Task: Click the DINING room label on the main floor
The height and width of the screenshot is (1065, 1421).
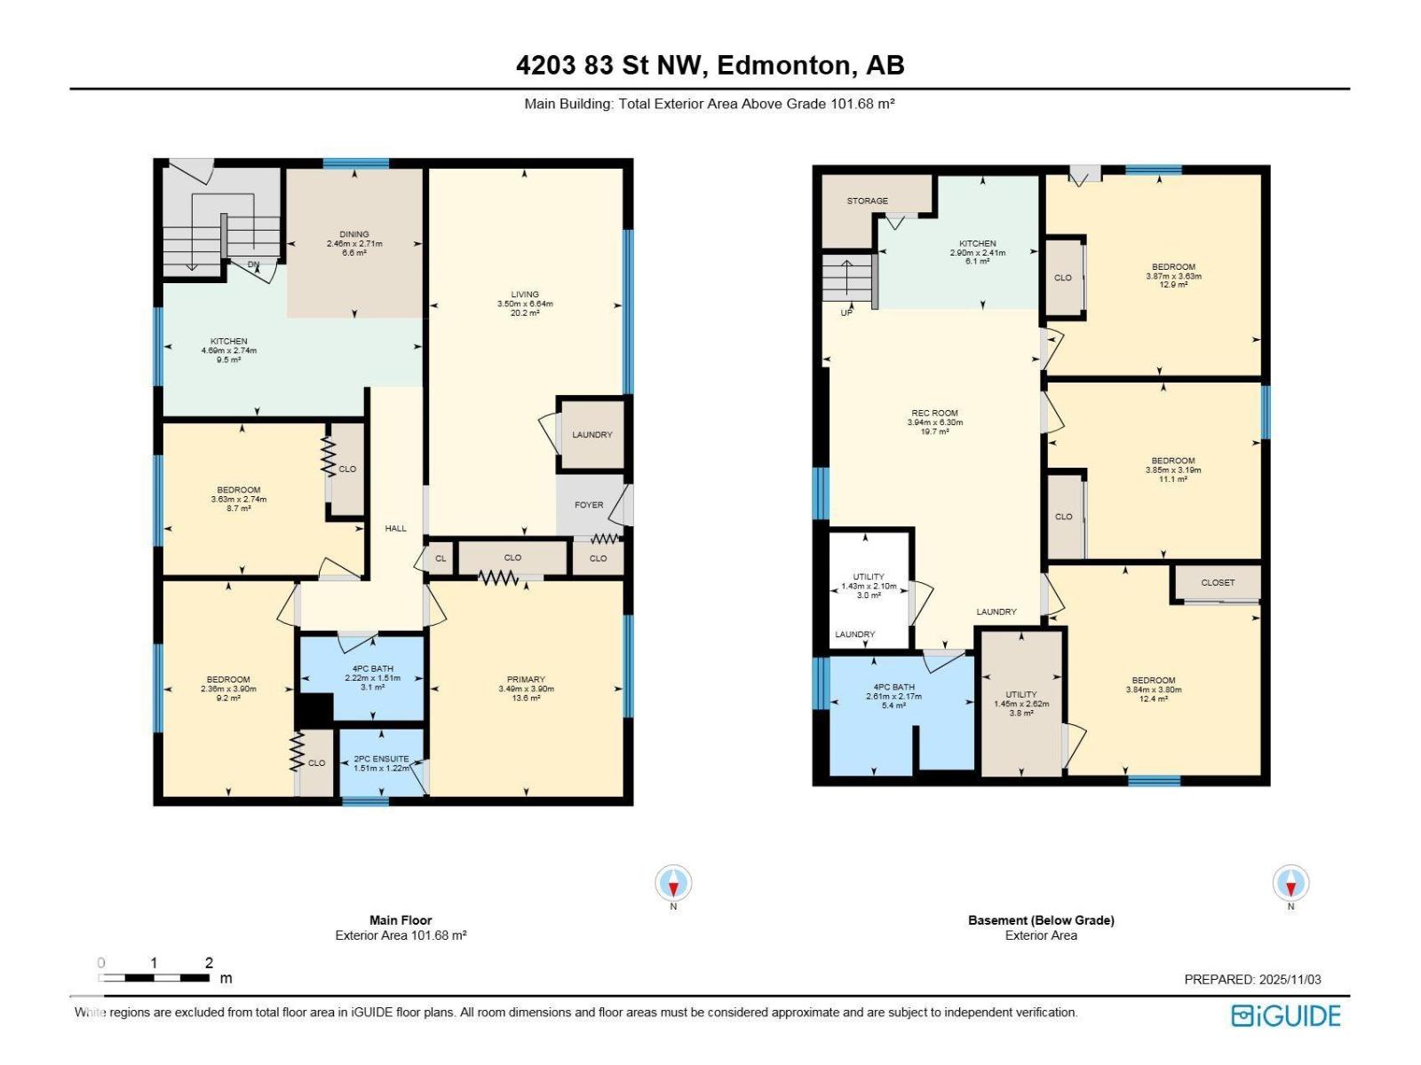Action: pyautogui.click(x=353, y=235)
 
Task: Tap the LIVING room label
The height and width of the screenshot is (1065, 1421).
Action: pyautogui.click(x=525, y=295)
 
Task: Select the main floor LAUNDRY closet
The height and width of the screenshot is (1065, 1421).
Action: pyautogui.click(x=592, y=435)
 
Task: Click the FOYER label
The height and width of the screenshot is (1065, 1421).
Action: pyautogui.click(x=589, y=505)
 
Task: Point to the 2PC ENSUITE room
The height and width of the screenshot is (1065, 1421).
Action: pyautogui.click(x=381, y=760)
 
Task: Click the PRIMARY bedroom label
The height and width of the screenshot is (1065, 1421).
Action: pyautogui.click(x=526, y=680)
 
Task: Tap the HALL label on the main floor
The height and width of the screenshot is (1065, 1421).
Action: pyautogui.click(x=395, y=528)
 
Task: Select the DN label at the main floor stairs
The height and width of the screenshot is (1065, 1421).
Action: pyautogui.click(x=254, y=264)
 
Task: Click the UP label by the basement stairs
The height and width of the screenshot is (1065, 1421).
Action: pyautogui.click(x=846, y=312)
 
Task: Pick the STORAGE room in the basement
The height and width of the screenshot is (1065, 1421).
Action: pyautogui.click(x=867, y=201)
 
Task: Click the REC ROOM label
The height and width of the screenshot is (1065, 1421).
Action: pyautogui.click(x=934, y=413)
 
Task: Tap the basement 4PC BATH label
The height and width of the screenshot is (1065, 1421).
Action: pyautogui.click(x=893, y=687)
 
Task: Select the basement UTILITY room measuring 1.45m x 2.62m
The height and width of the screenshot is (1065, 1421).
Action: pyautogui.click(x=1021, y=695)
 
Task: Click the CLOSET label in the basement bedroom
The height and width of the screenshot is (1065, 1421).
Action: pyautogui.click(x=1218, y=583)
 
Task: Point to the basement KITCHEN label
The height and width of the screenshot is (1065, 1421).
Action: pyautogui.click(x=977, y=243)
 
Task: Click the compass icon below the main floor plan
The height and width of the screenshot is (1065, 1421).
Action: pyautogui.click(x=673, y=884)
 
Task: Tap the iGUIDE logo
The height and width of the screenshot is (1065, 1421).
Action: pyautogui.click(x=1286, y=1016)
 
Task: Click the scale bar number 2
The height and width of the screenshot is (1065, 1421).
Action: pyautogui.click(x=209, y=963)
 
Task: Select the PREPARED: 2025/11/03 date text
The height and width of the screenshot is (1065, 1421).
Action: pyautogui.click(x=1252, y=980)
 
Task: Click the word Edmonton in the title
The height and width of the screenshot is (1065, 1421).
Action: pyautogui.click(x=781, y=65)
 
